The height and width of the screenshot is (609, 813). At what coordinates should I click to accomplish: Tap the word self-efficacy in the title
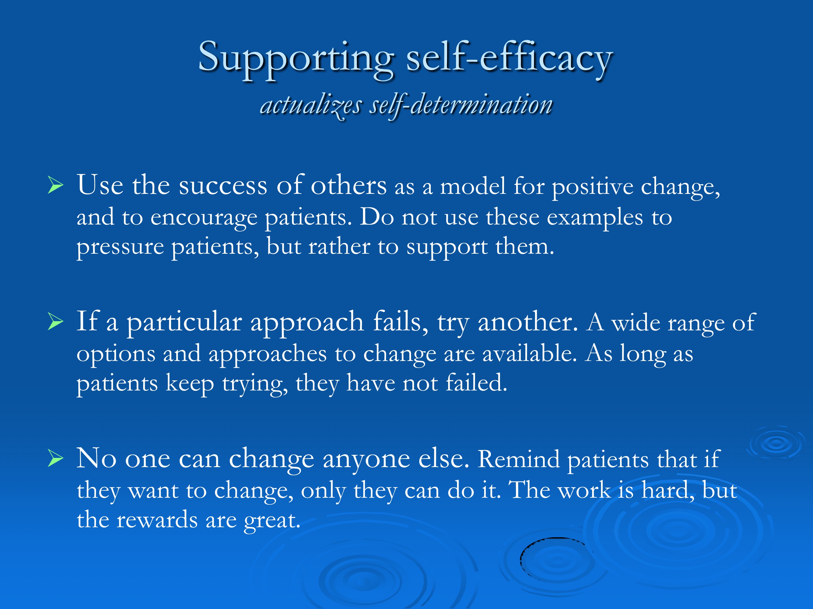tap(509, 59)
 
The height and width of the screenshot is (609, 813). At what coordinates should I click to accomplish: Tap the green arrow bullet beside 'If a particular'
tap(56, 322)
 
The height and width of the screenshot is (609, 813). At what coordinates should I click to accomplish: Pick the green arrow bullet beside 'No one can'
tap(56, 459)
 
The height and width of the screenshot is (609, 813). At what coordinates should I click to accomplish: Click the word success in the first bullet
tap(223, 186)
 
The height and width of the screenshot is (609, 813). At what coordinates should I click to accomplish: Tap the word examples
tap(595, 218)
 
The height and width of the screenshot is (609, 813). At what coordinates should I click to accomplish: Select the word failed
tap(476, 383)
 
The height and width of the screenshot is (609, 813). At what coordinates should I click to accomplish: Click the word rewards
tap(157, 520)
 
